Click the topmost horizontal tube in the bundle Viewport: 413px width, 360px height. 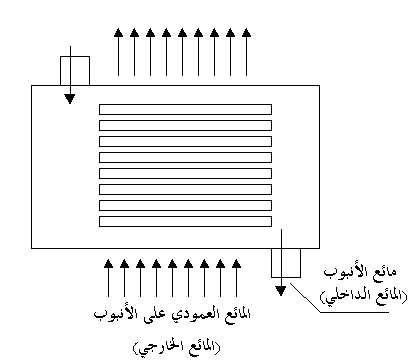coord(185,109)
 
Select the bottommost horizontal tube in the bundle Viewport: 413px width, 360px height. coord(185,222)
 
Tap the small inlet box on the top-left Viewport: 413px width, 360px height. coord(75,71)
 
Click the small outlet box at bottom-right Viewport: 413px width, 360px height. coord(286,263)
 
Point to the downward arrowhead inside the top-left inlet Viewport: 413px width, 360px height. coord(70,99)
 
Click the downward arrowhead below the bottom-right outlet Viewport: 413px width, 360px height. coord(281,291)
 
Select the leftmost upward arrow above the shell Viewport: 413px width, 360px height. coord(118,52)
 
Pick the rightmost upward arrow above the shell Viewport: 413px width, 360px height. coord(246,52)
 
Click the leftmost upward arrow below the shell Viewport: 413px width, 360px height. coord(108,278)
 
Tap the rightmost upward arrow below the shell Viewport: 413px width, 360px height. coord(236,278)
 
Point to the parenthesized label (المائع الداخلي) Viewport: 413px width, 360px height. coord(364,296)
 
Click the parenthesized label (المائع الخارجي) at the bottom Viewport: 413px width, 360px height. coord(177,348)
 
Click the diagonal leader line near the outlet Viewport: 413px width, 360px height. coord(306,298)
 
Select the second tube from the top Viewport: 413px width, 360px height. coord(185,125)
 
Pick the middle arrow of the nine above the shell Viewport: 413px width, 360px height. coord(182,52)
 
